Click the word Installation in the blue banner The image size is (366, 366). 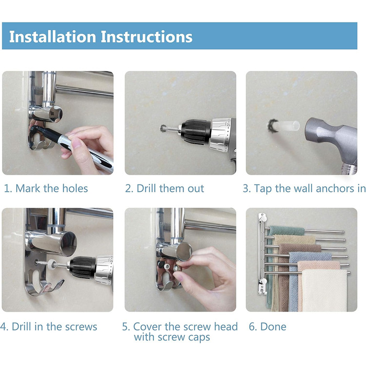coord(52,37)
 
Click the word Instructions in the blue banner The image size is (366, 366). coord(146,37)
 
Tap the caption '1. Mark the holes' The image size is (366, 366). coord(46,188)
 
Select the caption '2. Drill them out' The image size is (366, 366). coord(165,188)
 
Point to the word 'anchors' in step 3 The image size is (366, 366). coord(335,188)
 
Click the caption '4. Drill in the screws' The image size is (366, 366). coord(49,327)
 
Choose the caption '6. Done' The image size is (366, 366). coord(268,327)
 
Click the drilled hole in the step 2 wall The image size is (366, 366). coord(163,128)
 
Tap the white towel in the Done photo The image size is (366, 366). coord(324,290)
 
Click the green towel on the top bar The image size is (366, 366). coord(287,231)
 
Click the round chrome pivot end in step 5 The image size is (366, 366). coord(184,251)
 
